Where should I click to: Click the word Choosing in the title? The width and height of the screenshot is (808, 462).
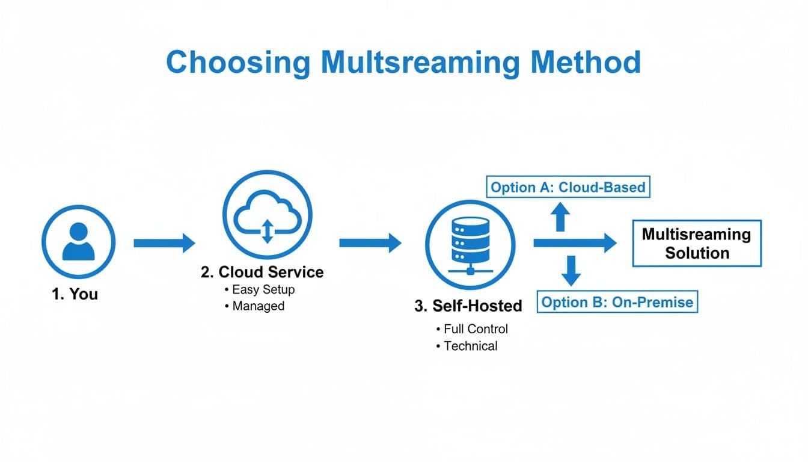237,63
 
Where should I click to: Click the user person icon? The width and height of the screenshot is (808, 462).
78,242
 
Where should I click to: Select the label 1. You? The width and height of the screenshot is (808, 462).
75,294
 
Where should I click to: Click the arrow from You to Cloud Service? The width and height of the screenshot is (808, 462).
164,243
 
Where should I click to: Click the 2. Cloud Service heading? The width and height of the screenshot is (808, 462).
262,272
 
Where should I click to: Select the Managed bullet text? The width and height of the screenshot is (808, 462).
258,306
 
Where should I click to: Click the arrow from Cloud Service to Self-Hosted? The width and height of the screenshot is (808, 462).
370,243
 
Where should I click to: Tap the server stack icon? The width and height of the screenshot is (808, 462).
470,243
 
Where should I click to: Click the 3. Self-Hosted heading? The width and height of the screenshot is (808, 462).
468,306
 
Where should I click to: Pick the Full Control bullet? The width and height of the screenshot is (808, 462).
475,329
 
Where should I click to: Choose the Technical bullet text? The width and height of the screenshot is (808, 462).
470,346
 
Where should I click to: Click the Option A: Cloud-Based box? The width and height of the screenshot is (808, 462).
568,187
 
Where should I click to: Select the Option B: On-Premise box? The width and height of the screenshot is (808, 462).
617,301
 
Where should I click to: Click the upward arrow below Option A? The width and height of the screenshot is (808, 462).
561,217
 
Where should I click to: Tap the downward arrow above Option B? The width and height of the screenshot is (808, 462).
571,270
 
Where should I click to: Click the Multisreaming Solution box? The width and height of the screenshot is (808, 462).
696,243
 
